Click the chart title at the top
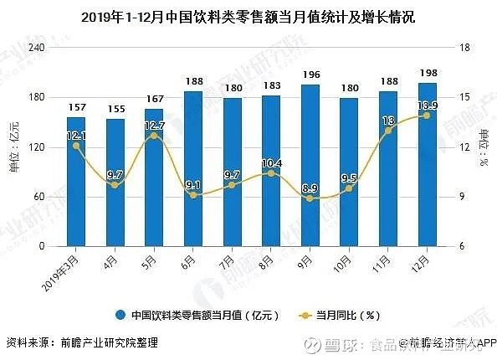[248, 16]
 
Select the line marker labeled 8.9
[310, 198]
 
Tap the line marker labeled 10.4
[271, 173]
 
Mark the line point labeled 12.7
[154, 136]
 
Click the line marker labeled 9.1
[193, 195]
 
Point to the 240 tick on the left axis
[37, 48]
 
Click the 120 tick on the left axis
[37, 147]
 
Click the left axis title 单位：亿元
[14, 147]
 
